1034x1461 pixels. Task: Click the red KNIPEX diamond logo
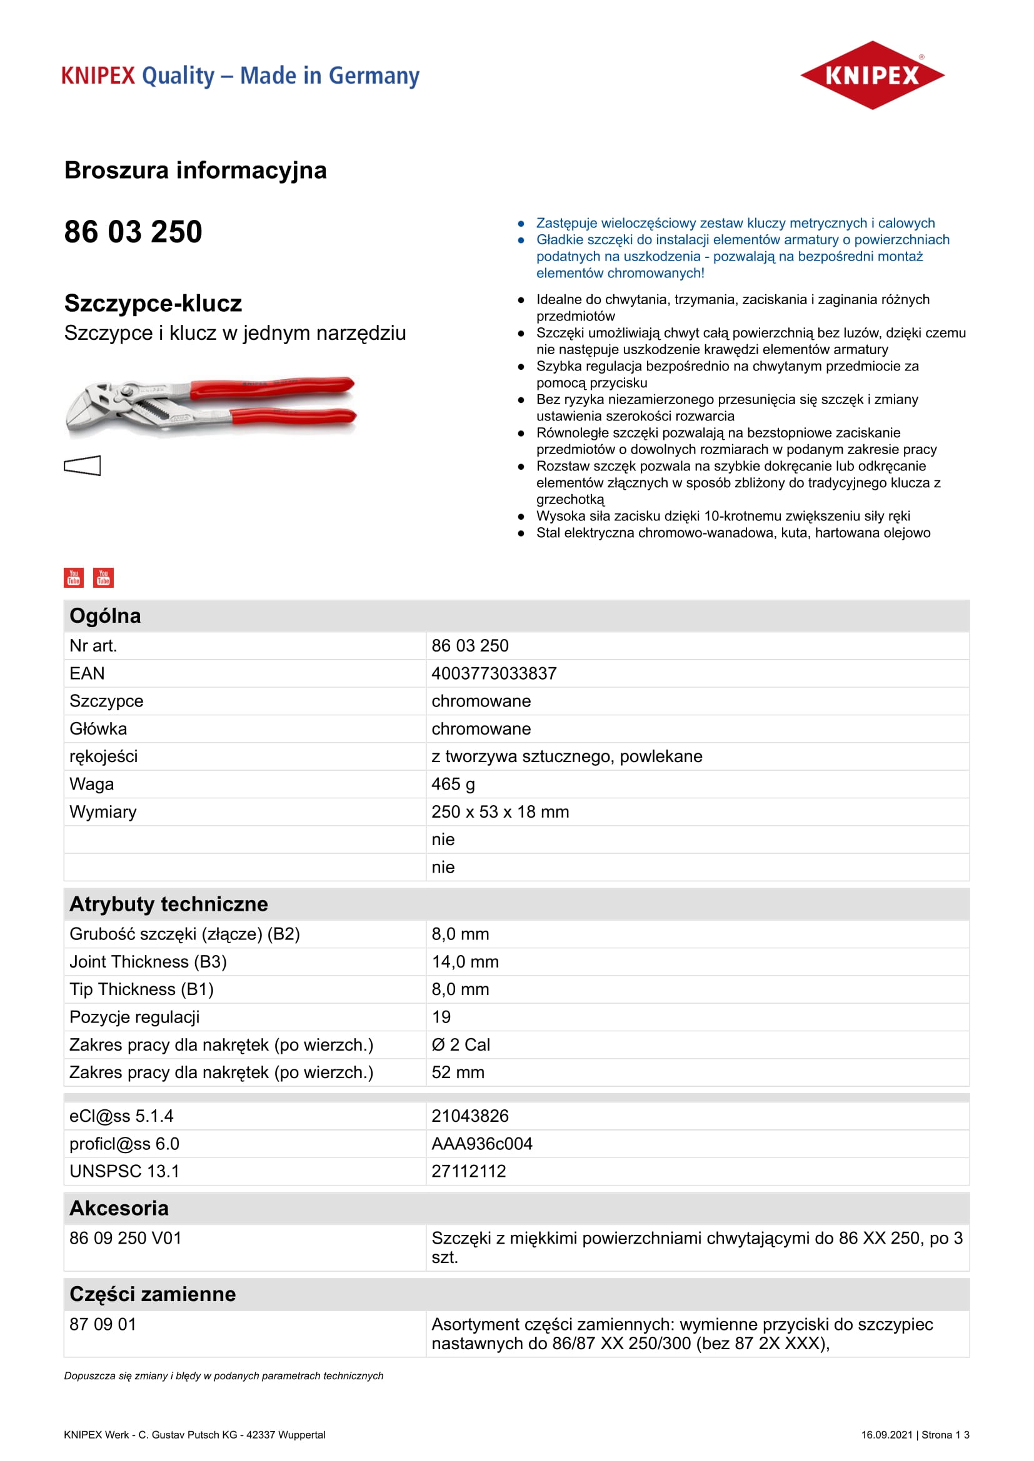click(871, 75)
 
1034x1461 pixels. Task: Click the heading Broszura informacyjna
click(196, 171)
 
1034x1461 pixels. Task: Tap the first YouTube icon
click(74, 577)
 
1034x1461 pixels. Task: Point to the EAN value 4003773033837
click(493, 673)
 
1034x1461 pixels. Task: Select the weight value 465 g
click(453, 784)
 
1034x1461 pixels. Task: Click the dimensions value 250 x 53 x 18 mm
click(500, 812)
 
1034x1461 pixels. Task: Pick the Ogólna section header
click(105, 616)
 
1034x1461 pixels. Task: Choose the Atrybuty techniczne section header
click(169, 904)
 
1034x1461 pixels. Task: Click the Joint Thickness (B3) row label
click(148, 961)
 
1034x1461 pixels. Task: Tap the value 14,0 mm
click(464, 961)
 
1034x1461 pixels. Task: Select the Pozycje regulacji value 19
click(441, 1017)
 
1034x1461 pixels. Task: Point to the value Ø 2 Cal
click(460, 1045)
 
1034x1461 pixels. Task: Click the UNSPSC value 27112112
click(469, 1171)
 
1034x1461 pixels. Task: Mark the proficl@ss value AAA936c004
click(481, 1144)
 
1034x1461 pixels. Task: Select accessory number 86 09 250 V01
click(126, 1237)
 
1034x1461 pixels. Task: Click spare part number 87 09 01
click(103, 1324)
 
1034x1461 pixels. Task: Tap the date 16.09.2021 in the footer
click(886, 1434)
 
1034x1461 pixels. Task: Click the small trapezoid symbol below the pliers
click(82, 465)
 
